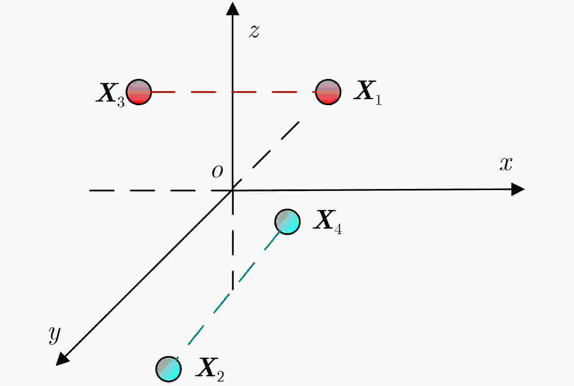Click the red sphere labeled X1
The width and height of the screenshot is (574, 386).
(328, 92)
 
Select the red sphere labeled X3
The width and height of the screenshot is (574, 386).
(139, 92)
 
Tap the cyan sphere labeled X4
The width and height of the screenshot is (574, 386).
(287, 222)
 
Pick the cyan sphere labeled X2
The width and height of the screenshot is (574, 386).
(169, 369)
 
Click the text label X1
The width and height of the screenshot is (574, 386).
(368, 93)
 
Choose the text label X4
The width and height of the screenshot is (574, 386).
(327, 222)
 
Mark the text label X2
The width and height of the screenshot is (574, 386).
(209, 370)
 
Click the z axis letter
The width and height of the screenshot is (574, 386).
(254, 32)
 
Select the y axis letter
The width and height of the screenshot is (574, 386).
(55, 335)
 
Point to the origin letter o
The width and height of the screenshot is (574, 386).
(217, 171)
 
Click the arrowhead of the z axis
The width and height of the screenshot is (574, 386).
(233, 9)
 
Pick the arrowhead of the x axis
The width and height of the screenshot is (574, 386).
(518, 189)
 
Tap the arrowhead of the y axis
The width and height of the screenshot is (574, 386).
(62, 359)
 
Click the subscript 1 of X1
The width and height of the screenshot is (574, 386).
(379, 100)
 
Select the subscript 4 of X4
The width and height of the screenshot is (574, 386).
(338, 229)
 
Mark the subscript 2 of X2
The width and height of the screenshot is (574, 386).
(220, 377)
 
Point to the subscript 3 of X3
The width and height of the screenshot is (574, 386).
(121, 102)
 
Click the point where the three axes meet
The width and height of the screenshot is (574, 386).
(233, 190)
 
